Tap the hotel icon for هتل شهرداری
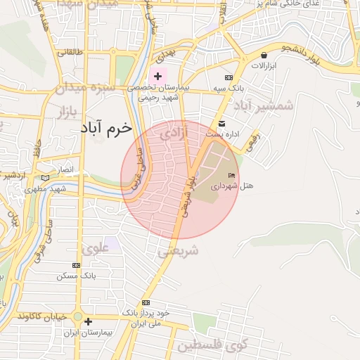(x=232, y=174)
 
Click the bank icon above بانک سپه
(x=229, y=77)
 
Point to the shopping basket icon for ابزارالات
(x=264, y=56)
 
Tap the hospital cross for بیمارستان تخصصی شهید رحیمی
(x=157, y=76)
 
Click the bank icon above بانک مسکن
(x=76, y=265)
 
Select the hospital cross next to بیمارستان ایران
(x=88, y=322)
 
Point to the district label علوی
(x=96, y=248)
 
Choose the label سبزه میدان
(x=80, y=89)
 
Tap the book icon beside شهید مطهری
(x=46, y=179)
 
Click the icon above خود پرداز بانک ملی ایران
(x=146, y=301)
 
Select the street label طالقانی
(x=70, y=52)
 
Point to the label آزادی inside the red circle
(x=175, y=132)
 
